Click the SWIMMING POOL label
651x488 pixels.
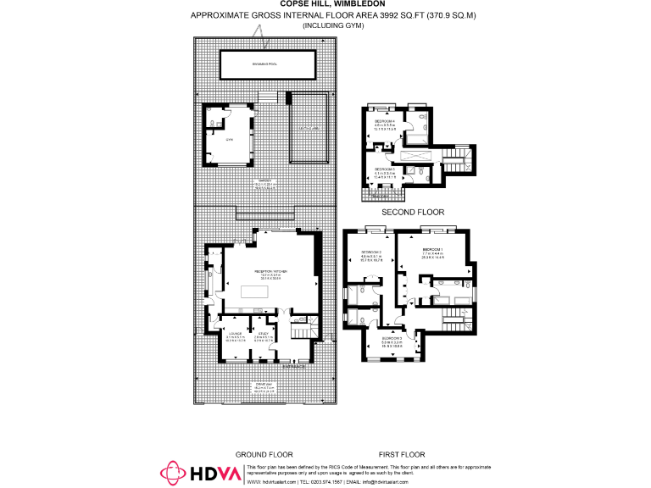point(269,64)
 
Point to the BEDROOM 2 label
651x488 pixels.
point(372,252)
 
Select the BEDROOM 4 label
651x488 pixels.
point(386,122)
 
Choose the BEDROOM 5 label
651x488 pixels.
point(386,169)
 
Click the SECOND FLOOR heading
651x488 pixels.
point(413,212)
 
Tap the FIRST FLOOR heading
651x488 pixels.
point(403,454)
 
